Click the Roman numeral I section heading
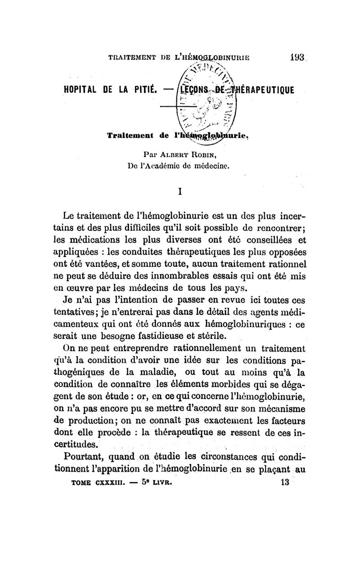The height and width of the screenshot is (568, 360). pos(180,192)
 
